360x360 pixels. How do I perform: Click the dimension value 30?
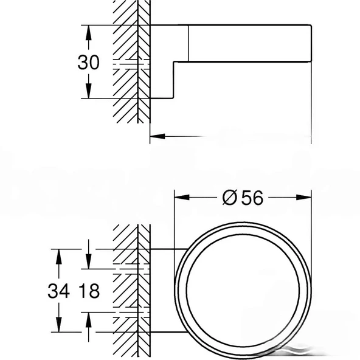(x=89, y=62)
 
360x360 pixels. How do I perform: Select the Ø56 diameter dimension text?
(x=243, y=198)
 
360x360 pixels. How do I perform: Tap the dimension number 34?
(x=58, y=291)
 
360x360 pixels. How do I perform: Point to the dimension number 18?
(x=89, y=291)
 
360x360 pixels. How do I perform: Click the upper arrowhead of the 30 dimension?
(x=89, y=30)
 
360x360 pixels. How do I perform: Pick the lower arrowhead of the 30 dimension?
(x=89, y=94)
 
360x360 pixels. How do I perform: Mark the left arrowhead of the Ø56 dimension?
(x=181, y=197)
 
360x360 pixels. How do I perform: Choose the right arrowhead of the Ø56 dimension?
(x=306, y=197)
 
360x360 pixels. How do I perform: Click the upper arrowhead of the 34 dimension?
(x=58, y=254)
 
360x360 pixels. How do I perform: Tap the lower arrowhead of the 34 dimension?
(x=58, y=327)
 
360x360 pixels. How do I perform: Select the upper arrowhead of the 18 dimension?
(x=89, y=263)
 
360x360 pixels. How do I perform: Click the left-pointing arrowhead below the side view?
(x=156, y=136)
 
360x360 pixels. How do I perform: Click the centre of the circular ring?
(x=243, y=291)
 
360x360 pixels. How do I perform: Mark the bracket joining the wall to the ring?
(x=164, y=291)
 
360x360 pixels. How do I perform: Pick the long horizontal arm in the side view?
(x=249, y=43)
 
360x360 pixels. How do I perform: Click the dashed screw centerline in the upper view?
(x=131, y=63)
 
